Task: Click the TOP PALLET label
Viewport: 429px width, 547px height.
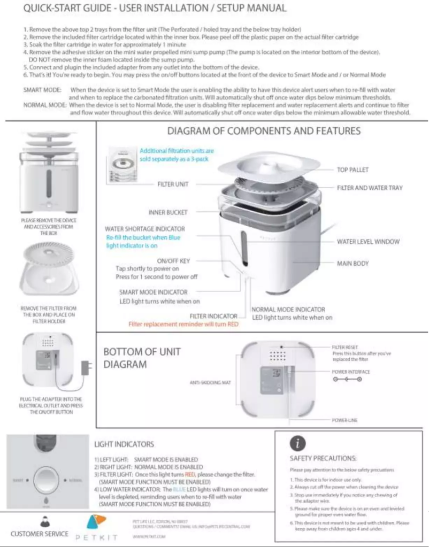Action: point(353,170)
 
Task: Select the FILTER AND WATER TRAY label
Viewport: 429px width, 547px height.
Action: point(370,188)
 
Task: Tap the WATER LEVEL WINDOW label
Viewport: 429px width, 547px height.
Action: point(368,242)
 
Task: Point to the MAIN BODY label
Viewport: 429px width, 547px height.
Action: point(353,264)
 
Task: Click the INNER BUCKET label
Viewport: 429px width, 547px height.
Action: point(168,212)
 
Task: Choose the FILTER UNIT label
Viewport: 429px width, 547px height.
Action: point(173,184)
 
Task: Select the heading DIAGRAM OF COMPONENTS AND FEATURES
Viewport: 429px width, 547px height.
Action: point(264,131)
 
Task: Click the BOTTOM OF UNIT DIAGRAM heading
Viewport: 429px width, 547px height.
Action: point(142,358)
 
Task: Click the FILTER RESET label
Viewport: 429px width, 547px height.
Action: point(345,347)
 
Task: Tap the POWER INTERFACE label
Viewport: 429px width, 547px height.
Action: point(350,372)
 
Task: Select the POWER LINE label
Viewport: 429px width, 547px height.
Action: point(344,420)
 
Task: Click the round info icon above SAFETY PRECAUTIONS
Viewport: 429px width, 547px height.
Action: point(298,444)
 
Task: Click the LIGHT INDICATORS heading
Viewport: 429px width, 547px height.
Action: point(124,444)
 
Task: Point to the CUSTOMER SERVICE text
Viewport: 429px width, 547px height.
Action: point(40,534)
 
